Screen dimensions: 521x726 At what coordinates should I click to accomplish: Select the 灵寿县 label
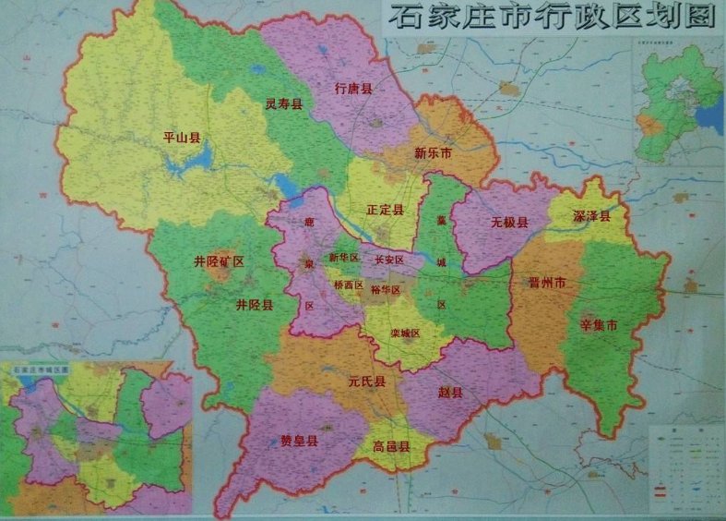click(283, 104)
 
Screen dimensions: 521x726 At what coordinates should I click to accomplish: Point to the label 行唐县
click(353, 89)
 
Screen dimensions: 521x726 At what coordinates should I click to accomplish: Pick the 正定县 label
click(385, 211)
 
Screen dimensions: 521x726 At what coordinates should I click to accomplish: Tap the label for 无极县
click(509, 223)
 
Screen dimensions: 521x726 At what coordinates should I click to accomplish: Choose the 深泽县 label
click(591, 216)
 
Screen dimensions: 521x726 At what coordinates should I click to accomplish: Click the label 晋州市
click(547, 283)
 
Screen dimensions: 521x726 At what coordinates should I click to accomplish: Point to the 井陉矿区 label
click(219, 262)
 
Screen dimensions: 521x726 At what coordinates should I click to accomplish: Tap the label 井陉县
click(254, 305)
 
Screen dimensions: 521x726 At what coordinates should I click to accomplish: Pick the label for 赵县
click(450, 393)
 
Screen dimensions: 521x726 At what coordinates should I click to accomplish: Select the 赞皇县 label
click(299, 442)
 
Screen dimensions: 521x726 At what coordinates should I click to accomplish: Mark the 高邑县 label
click(391, 447)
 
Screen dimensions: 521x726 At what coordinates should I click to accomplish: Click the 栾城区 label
click(405, 333)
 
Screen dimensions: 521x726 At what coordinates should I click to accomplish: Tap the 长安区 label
click(389, 261)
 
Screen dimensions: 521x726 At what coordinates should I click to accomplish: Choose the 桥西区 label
click(348, 286)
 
